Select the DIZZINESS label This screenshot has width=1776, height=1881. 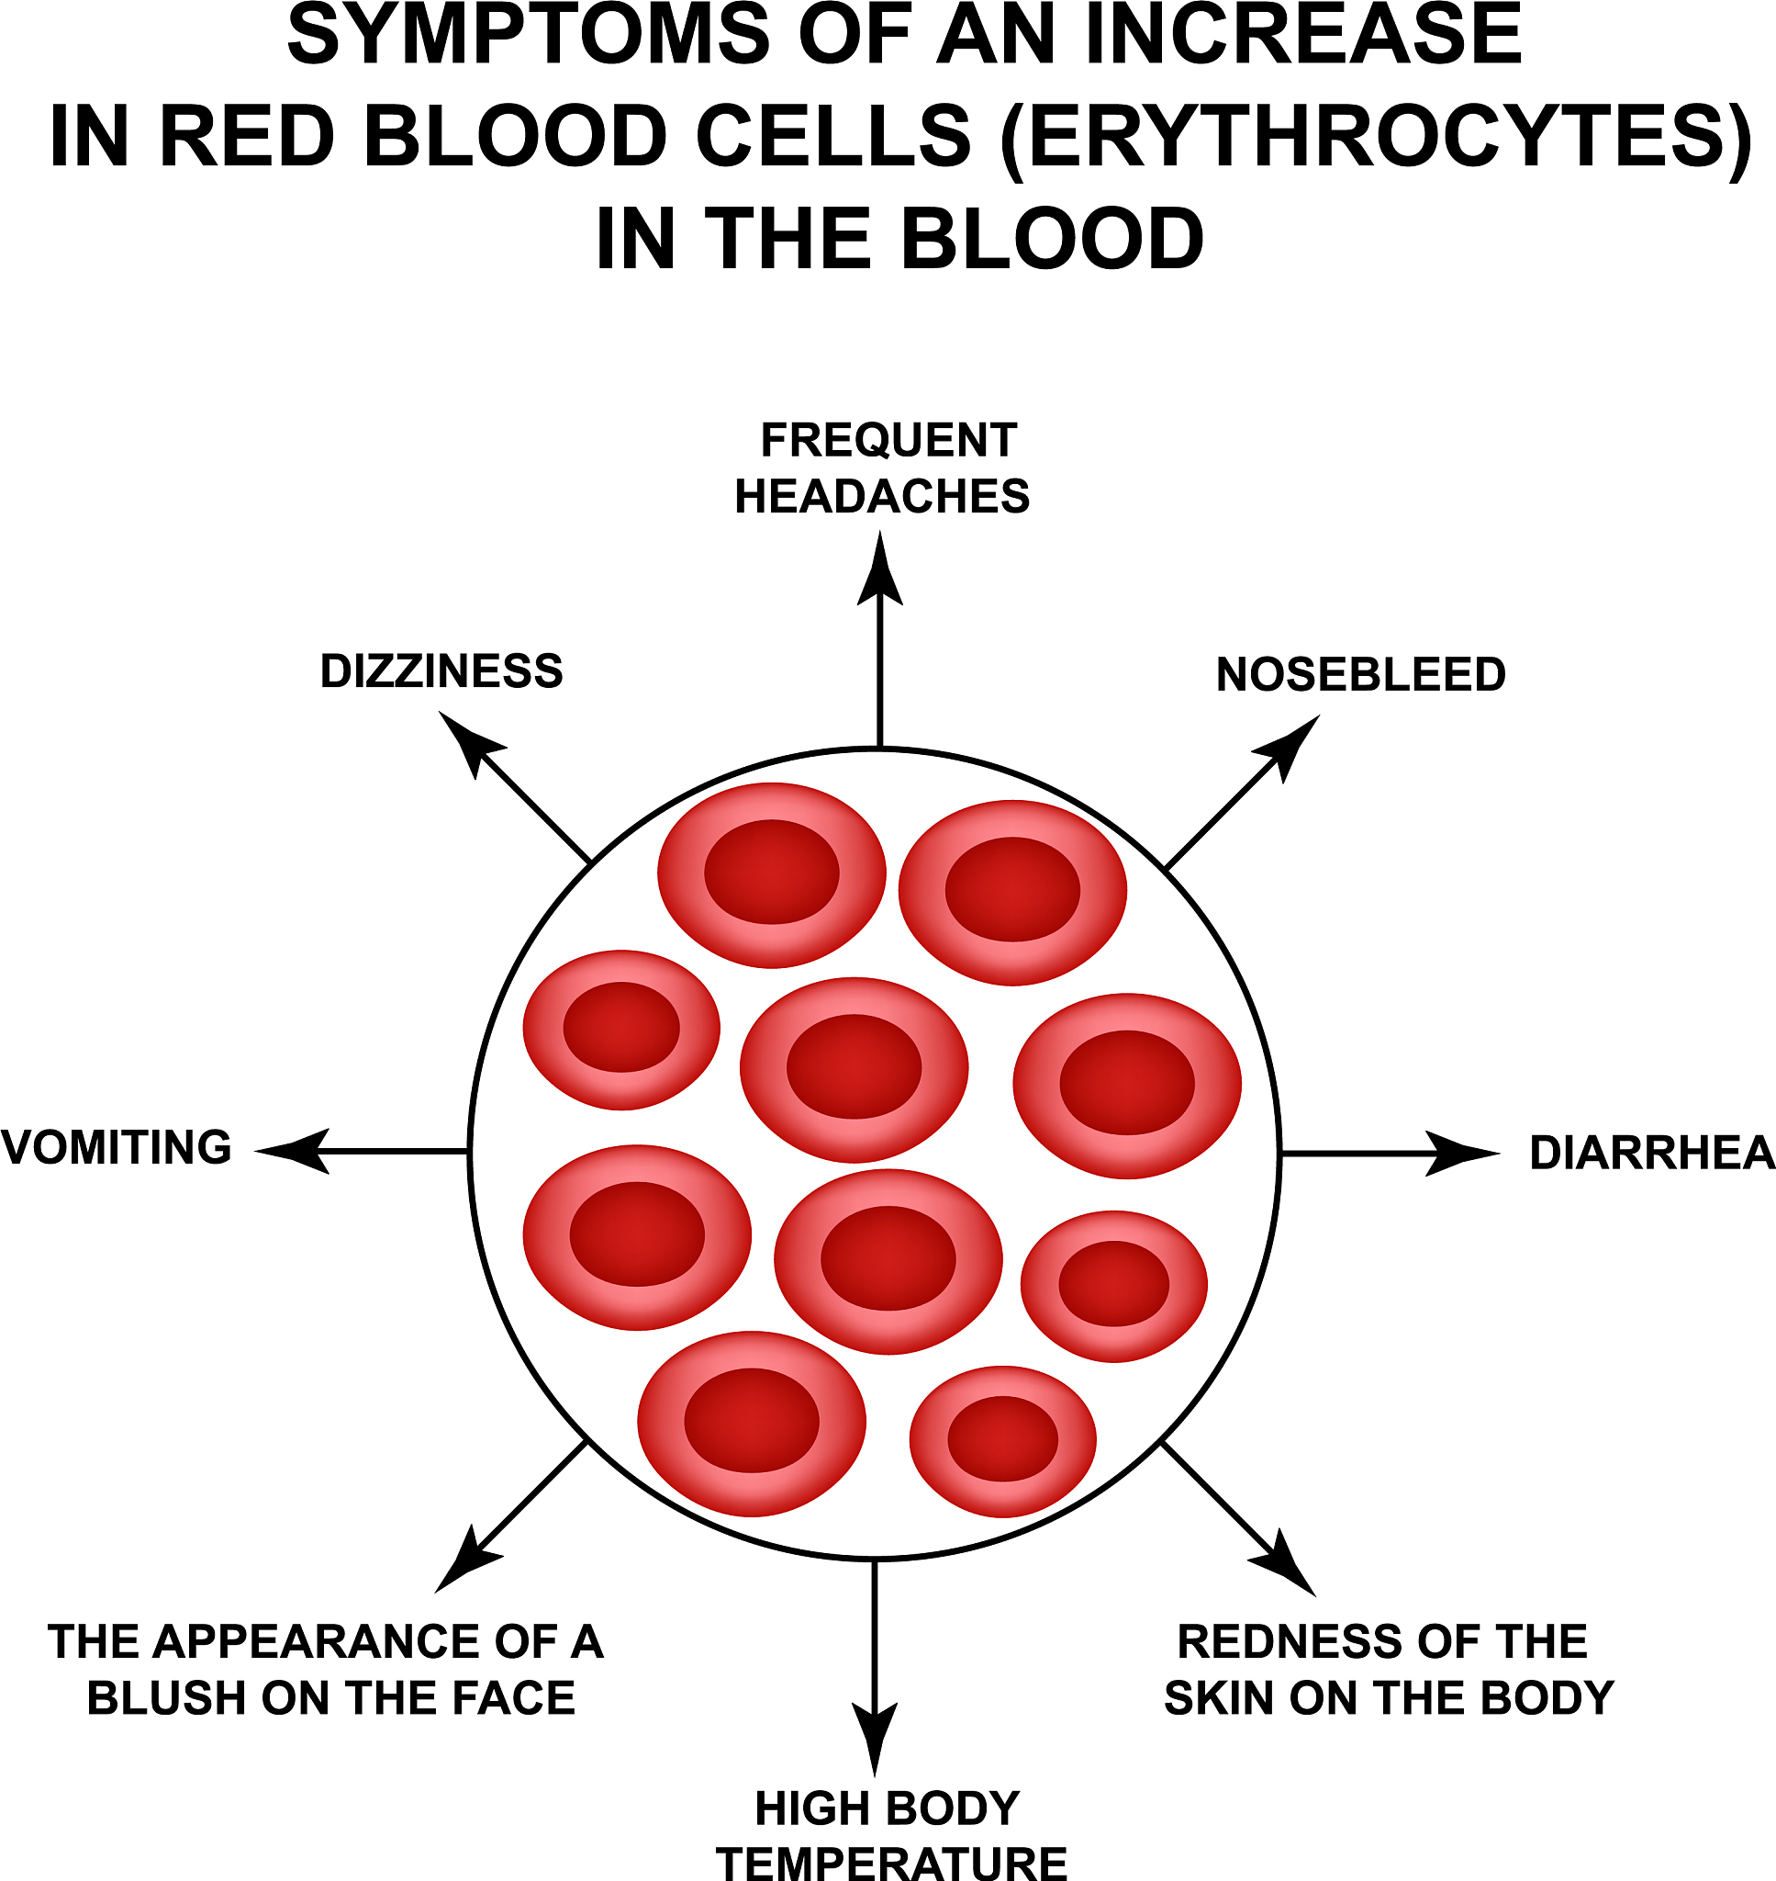[441, 671]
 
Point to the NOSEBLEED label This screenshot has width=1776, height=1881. [1360, 674]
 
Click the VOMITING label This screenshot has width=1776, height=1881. [117, 1147]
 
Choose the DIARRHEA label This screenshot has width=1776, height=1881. [1651, 1153]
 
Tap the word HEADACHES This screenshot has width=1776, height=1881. [881, 496]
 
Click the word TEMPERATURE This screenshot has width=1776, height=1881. [892, 1862]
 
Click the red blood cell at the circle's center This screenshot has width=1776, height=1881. [854, 1068]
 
